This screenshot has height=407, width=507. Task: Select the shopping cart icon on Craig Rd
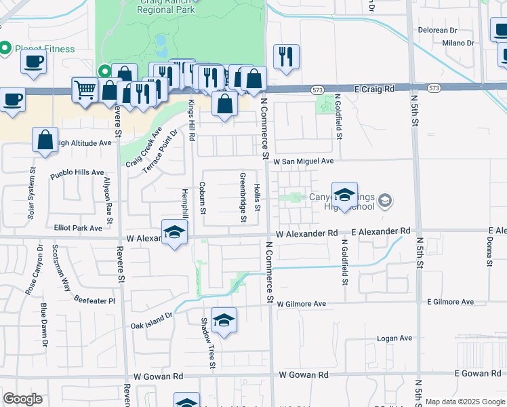point(84,88)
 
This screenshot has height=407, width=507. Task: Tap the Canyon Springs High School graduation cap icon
point(344,195)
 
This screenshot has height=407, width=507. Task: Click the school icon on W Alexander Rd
point(174,233)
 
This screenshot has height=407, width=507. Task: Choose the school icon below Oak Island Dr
point(224,319)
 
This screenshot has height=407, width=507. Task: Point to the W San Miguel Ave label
point(304,161)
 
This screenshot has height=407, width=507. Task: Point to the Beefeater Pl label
point(95,300)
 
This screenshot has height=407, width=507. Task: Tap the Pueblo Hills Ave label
point(77,173)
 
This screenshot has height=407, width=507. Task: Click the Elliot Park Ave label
point(77,229)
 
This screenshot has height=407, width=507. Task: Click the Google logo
point(23,399)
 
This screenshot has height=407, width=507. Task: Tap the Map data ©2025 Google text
point(464,402)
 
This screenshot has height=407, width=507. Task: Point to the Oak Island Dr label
point(152,321)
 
